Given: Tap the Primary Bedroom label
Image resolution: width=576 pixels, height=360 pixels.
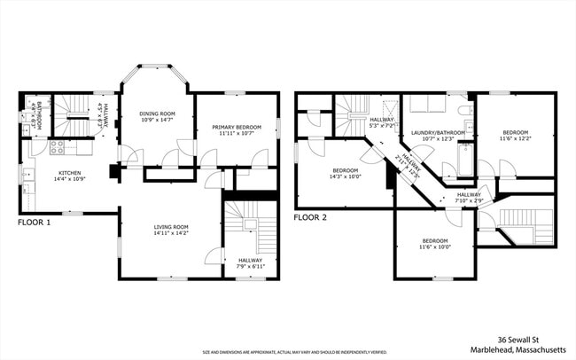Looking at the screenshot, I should [x=234, y=128].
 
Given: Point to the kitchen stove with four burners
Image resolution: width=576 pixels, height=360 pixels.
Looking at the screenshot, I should [x=56, y=148].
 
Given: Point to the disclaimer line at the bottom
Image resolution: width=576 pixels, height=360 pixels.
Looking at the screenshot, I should [x=288, y=351].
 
